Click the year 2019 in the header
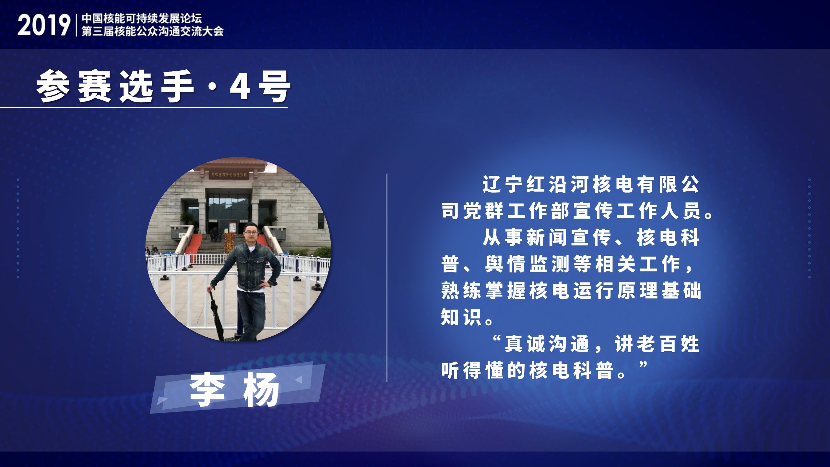(x=44, y=25)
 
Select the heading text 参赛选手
(x=115, y=86)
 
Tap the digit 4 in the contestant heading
(x=240, y=87)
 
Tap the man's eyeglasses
(x=249, y=232)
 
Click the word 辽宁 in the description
(x=504, y=185)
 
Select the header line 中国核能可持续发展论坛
(x=142, y=18)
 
